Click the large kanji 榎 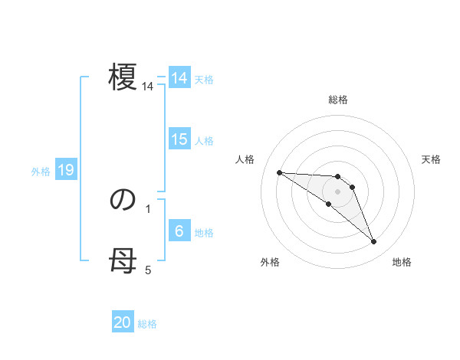point(122,78)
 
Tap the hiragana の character point(122,200)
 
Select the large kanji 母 point(122,263)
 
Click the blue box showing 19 point(66,170)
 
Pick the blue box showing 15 point(179,139)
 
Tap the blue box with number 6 point(179,231)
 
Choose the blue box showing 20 point(123,322)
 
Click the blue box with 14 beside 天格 point(179,78)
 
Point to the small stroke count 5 point(148,270)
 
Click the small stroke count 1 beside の point(148,208)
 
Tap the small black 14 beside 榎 point(148,87)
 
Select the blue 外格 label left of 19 point(41,172)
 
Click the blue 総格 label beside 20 point(147,324)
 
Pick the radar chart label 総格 point(338,100)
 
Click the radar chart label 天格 point(432,159)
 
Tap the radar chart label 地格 point(402,262)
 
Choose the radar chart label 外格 point(270,262)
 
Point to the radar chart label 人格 point(245,159)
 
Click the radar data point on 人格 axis point(279,172)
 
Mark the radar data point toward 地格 point(374,242)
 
